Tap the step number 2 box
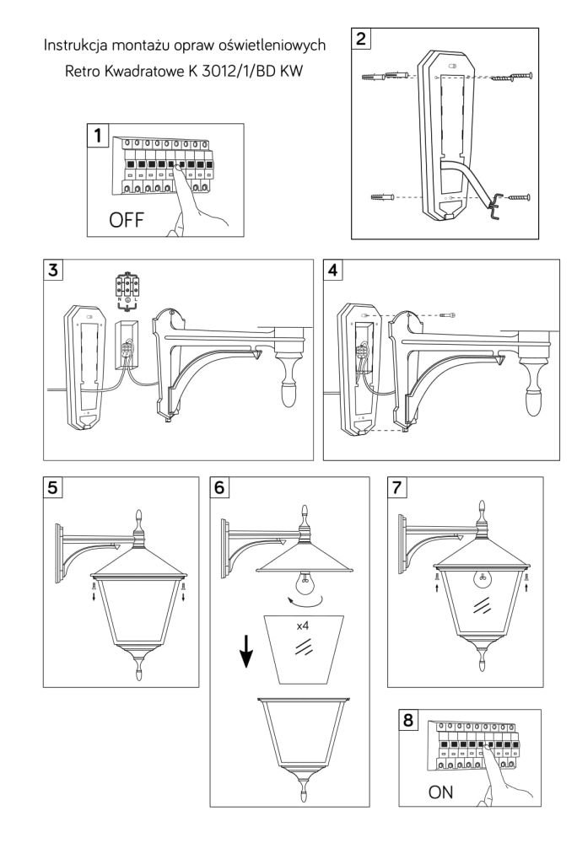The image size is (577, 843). tap(363, 40)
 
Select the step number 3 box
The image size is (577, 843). tap(57, 271)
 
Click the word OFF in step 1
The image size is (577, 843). tap(127, 221)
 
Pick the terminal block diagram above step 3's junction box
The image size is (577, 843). tap(127, 292)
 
